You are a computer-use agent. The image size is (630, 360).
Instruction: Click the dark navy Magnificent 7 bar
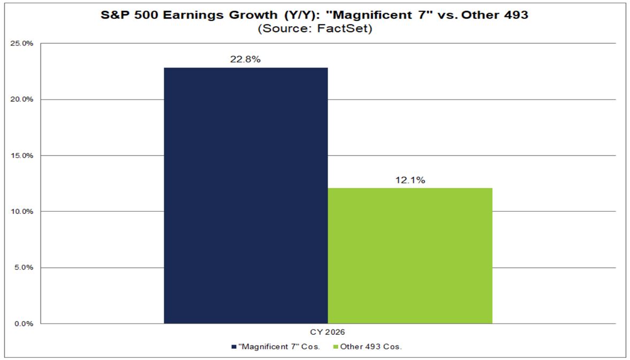(246, 195)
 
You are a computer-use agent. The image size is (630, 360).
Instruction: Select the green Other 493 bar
(409, 256)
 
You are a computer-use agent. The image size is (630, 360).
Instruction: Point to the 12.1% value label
(410, 180)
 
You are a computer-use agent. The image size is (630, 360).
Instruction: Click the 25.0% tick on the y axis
(22, 43)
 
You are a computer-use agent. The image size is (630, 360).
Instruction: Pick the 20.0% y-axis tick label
(22, 99)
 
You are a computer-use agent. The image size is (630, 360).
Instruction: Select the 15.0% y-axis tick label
(22, 156)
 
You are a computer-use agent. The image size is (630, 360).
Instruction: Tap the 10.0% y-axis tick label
(22, 211)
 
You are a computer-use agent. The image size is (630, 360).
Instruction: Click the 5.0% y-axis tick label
(24, 267)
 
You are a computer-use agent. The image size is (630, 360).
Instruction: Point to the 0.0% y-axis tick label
(24, 324)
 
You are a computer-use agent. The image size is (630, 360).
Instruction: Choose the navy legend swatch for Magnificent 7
(234, 347)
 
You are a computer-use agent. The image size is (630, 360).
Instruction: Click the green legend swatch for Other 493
(336, 347)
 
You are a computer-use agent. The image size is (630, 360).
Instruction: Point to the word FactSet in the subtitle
(350, 28)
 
